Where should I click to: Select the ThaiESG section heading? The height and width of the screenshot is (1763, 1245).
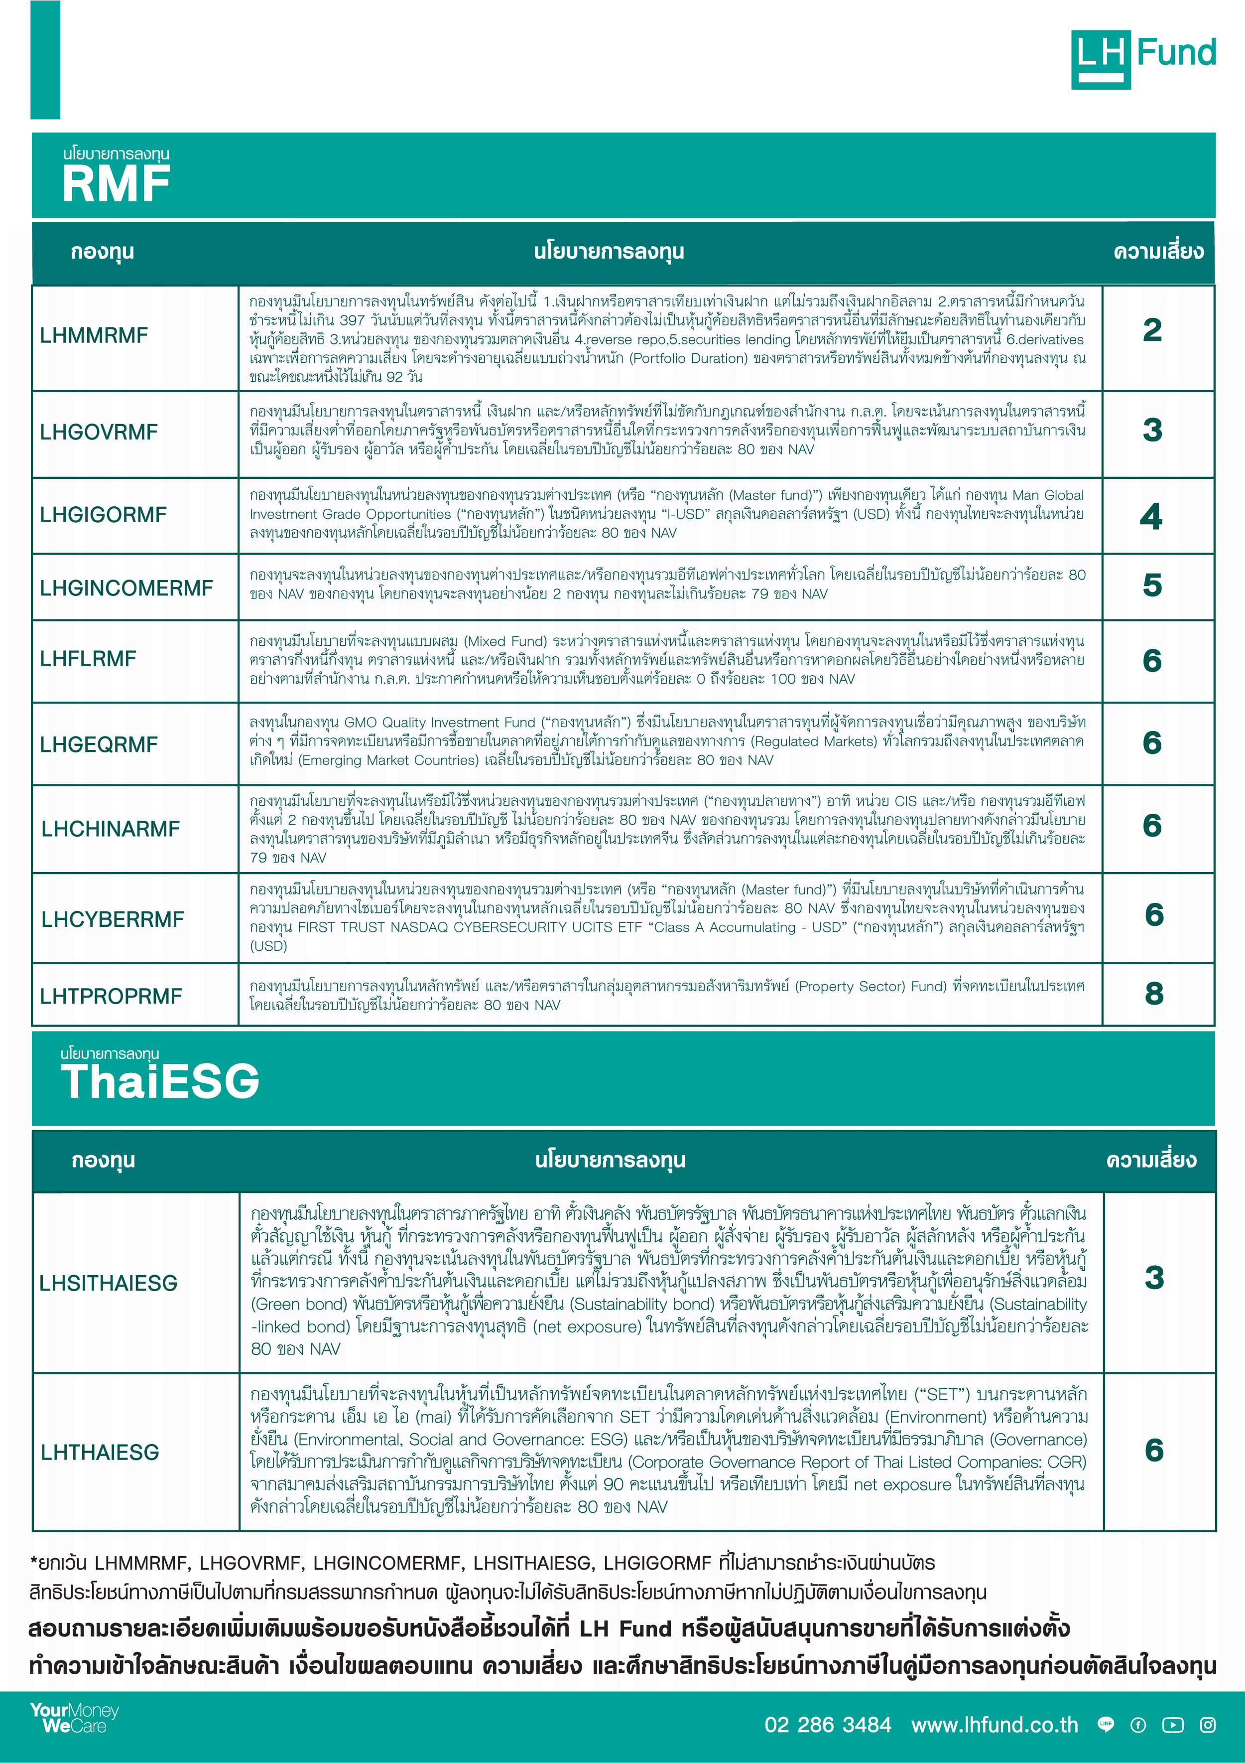click(160, 1081)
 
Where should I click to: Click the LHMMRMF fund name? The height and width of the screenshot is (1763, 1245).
click(94, 335)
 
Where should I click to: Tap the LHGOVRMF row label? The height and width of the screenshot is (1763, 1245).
click(98, 433)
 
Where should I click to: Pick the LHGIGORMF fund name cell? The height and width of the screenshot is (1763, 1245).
click(103, 515)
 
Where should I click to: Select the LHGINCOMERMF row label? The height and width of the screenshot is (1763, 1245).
click(126, 588)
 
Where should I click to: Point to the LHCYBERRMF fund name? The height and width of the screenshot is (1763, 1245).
click(112, 919)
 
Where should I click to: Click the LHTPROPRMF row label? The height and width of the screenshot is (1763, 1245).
click(111, 996)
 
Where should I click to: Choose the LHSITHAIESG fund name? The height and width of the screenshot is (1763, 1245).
click(108, 1283)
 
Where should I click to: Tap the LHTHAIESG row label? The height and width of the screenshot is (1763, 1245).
click(100, 1452)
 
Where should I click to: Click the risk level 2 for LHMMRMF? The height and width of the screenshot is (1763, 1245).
click(1152, 331)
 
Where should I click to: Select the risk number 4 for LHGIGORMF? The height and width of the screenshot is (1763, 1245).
click(1150, 517)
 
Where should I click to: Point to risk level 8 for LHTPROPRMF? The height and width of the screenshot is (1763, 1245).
click(1154, 994)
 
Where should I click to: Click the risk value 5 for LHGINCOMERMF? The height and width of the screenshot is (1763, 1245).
click(1152, 585)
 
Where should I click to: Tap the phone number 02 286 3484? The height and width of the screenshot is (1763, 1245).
click(828, 1725)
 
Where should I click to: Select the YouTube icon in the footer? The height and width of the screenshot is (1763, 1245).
click(1172, 1725)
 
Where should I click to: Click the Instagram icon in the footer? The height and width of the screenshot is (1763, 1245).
click(1207, 1725)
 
